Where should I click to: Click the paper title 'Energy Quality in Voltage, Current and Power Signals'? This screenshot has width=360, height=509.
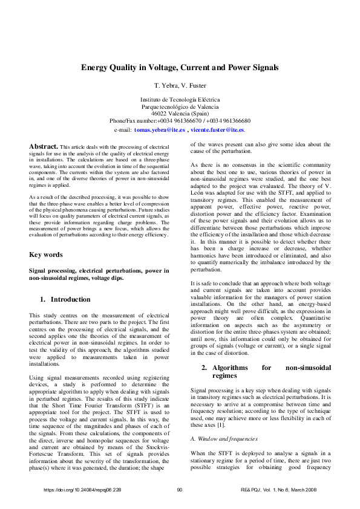pos(180,68)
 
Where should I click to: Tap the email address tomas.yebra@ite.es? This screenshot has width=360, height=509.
pos(159,130)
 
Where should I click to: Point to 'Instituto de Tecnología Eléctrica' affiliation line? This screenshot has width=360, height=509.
pos(180,99)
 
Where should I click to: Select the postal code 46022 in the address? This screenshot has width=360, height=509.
pos(159,113)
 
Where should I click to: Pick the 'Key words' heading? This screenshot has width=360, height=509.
pos(46,255)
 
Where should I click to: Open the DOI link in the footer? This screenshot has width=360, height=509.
pos(83,489)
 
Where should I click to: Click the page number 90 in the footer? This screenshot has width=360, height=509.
pos(180,489)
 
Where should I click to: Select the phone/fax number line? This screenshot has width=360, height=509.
pos(180,120)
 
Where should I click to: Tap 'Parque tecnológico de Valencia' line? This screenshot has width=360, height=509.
pos(180,106)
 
